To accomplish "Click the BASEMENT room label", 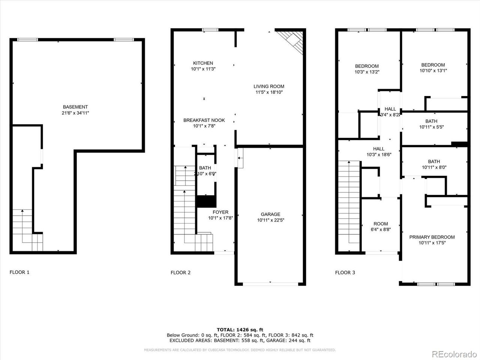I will click(75, 107).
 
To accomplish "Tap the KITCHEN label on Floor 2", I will click(203, 63).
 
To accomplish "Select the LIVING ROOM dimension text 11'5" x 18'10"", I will click(269, 92).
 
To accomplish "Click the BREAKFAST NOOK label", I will click(204, 120).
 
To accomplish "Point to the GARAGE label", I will click(270, 214).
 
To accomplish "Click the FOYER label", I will click(220, 212).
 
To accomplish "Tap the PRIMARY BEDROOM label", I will click(432, 237).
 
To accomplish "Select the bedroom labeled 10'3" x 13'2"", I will click(367, 69).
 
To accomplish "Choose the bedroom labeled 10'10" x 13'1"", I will click(433, 67).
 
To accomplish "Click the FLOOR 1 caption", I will click(19, 272).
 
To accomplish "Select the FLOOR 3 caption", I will click(345, 273).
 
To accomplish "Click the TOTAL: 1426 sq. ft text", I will click(240, 330).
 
